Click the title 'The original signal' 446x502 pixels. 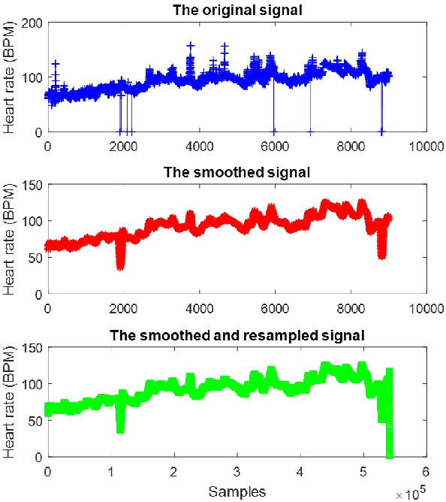(237, 9)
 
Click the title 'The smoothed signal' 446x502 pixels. (237, 172)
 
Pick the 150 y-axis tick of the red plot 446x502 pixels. (33, 184)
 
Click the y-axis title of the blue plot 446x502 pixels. (10, 77)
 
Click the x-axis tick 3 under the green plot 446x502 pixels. (237, 471)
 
